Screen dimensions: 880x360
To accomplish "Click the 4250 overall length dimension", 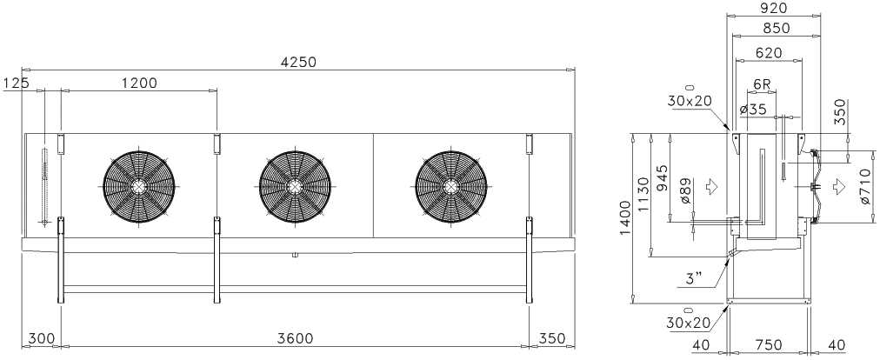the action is pyautogui.click(x=298, y=62).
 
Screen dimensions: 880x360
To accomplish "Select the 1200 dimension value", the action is pyautogui.click(x=140, y=83).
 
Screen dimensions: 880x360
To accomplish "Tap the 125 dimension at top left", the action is pyautogui.click(x=15, y=83).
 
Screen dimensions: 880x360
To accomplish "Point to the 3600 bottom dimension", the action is pyautogui.click(x=295, y=338).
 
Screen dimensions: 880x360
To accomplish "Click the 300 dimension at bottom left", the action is pyautogui.click(x=42, y=338).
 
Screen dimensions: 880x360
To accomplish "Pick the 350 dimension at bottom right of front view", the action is pyautogui.click(x=552, y=338).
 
